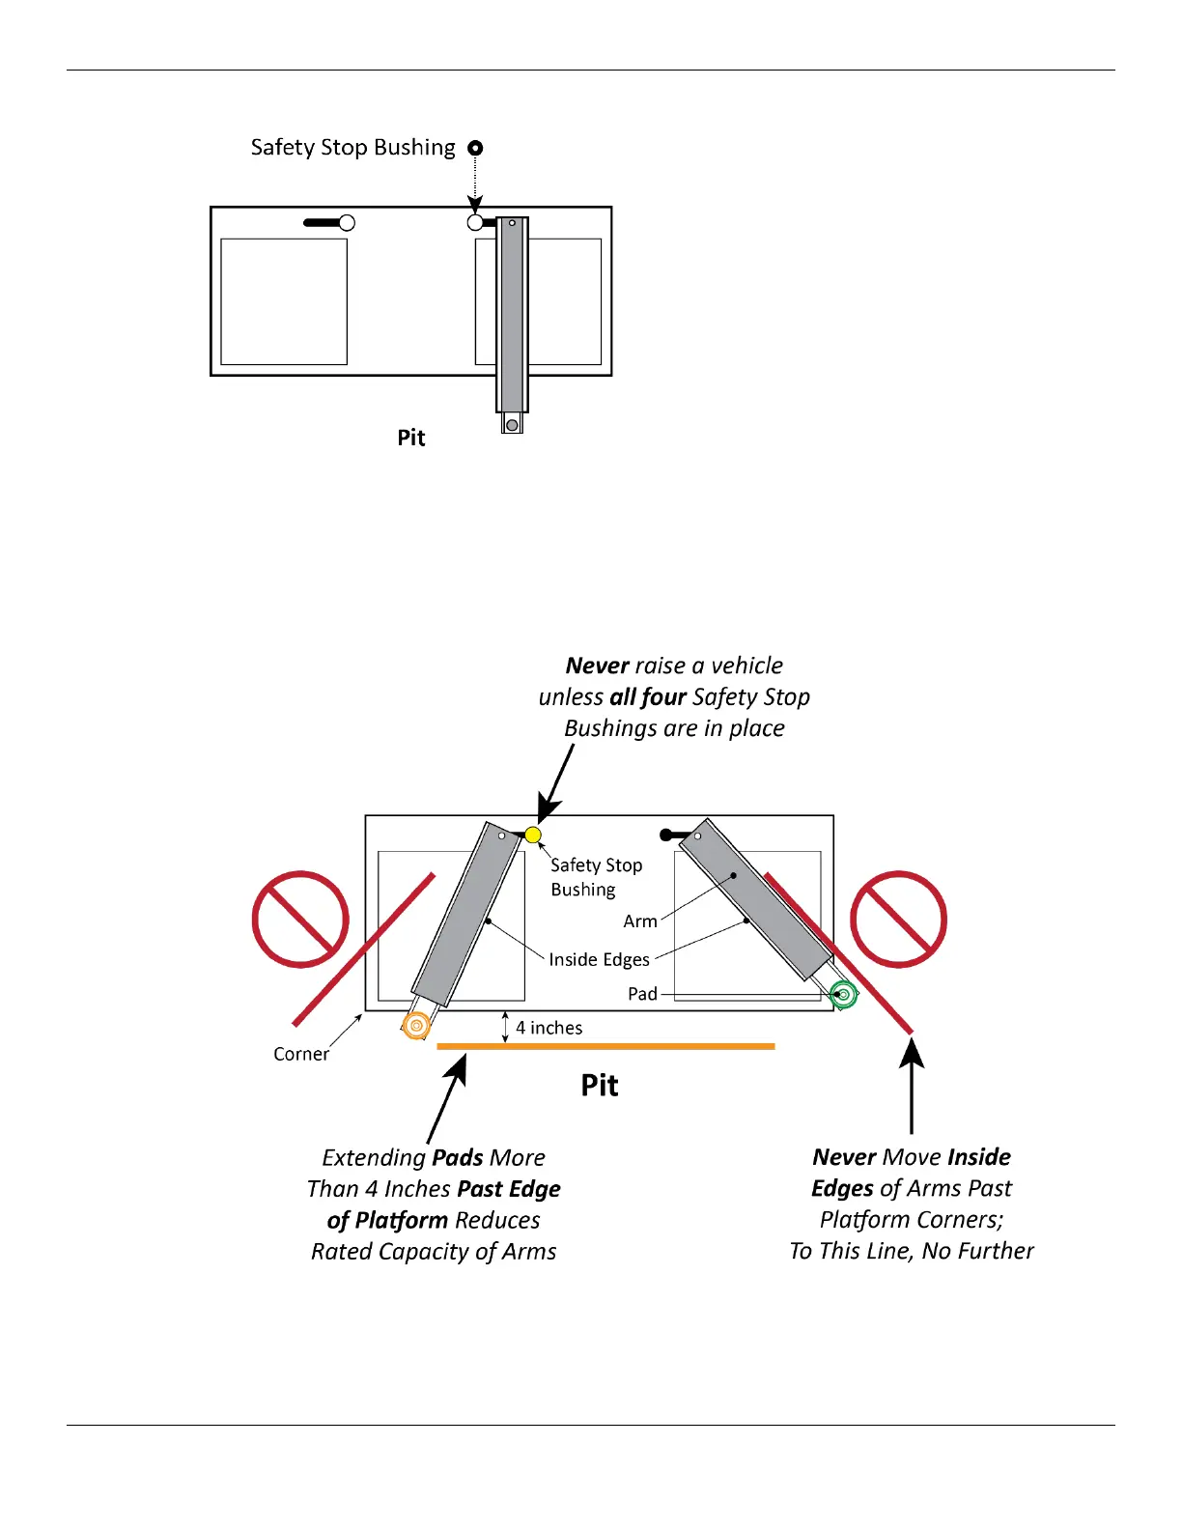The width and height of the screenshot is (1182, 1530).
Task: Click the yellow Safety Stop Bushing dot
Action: pyautogui.click(x=533, y=835)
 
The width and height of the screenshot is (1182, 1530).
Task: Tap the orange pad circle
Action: pyautogui.click(x=416, y=1025)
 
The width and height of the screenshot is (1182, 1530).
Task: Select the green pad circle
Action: pyautogui.click(x=844, y=994)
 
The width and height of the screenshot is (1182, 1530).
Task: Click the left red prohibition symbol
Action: pyautogui.click(x=300, y=919)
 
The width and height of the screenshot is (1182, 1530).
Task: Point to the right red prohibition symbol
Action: pyautogui.click(x=898, y=919)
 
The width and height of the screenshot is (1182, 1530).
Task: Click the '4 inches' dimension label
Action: pyautogui.click(x=549, y=1028)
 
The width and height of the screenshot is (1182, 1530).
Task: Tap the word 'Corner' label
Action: pyautogui.click(x=300, y=1054)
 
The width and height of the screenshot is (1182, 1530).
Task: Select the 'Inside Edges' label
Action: pyautogui.click(x=599, y=959)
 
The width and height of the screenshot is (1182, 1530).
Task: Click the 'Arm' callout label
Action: pyautogui.click(x=640, y=921)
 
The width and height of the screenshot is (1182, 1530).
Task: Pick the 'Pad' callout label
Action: pyautogui.click(x=642, y=994)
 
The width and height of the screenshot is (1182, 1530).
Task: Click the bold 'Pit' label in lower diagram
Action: pyautogui.click(x=600, y=1085)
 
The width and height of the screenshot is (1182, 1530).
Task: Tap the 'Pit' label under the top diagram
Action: pyautogui.click(x=411, y=438)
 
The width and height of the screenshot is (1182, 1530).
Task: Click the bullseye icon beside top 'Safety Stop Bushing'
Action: pyautogui.click(x=475, y=148)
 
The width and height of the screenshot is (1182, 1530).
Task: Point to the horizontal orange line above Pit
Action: pyautogui.click(x=605, y=1046)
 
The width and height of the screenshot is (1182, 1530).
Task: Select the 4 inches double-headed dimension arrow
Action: pyautogui.click(x=505, y=1028)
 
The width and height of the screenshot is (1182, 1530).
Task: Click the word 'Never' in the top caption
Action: pyautogui.click(x=597, y=666)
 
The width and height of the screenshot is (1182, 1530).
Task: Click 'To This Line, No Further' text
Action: pyautogui.click(x=912, y=1251)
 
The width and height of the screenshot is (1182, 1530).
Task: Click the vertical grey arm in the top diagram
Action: pyautogui.click(x=512, y=315)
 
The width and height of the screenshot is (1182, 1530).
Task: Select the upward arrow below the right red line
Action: pyautogui.click(x=912, y=1082)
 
